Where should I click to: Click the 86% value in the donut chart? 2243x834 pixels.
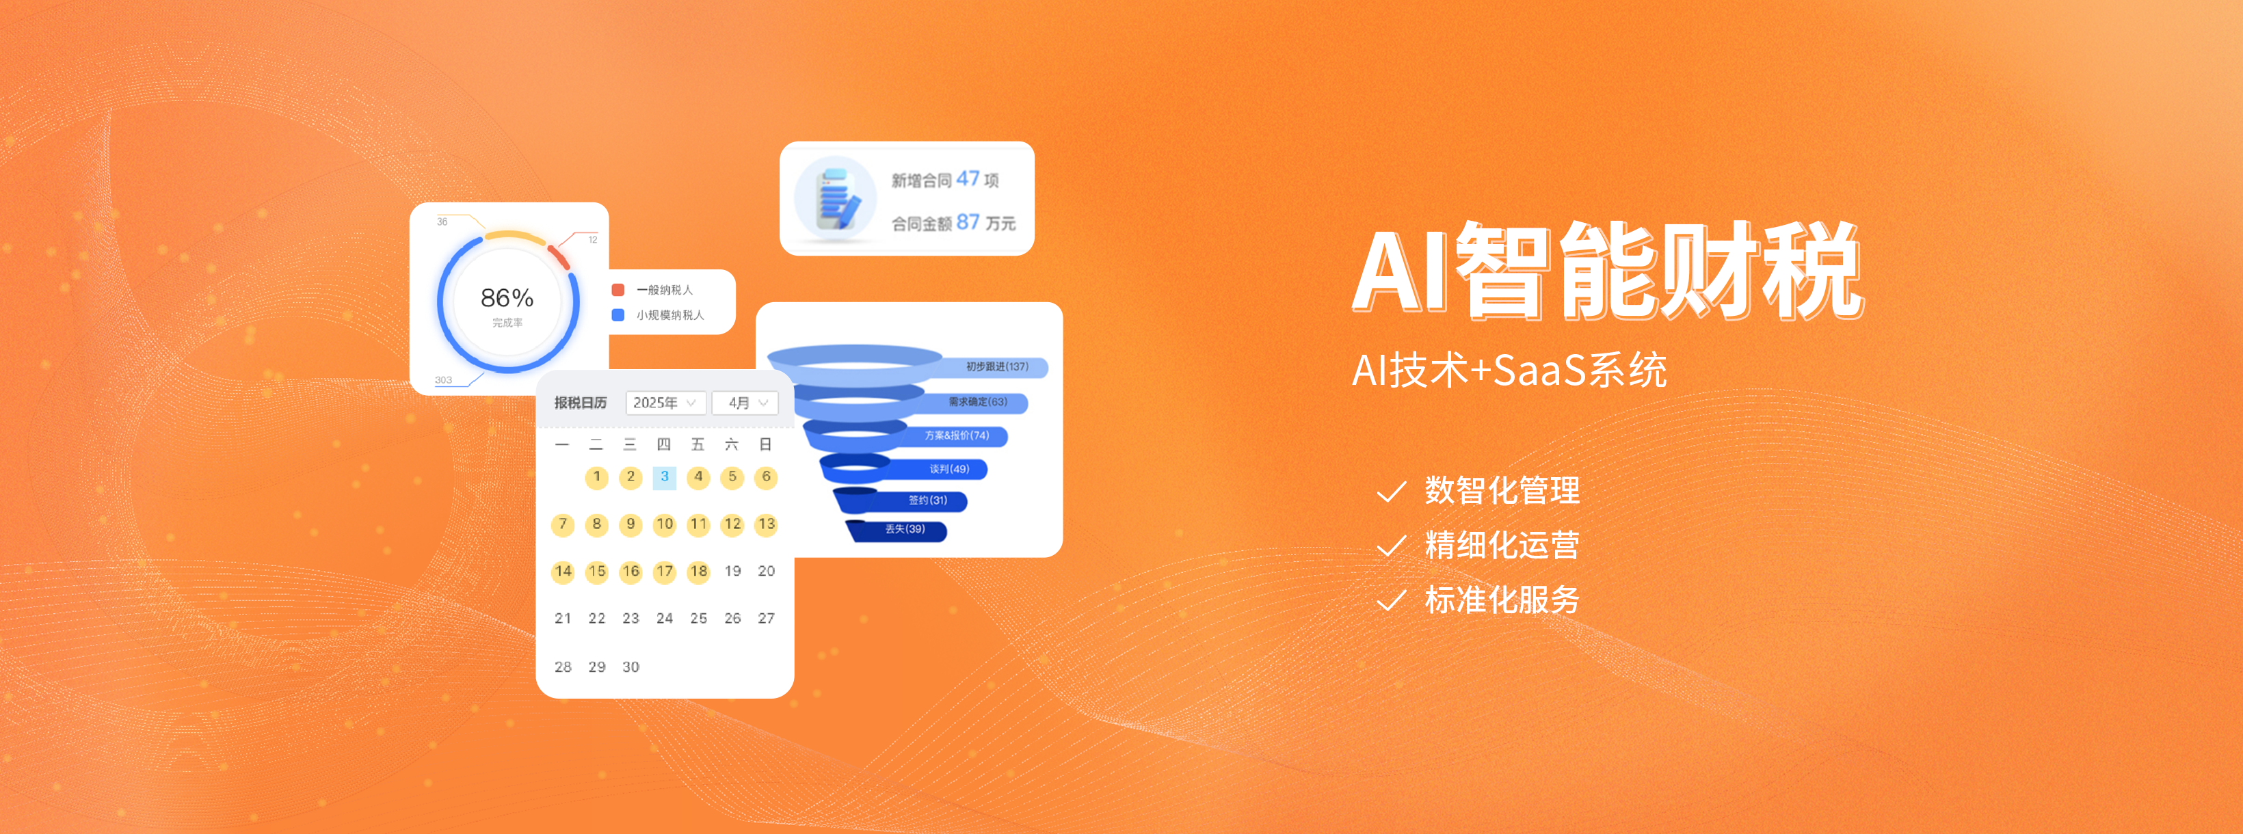[507, 298]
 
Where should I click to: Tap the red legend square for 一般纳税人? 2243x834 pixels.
[618, 290]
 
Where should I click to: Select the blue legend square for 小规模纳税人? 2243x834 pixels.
[618, 315]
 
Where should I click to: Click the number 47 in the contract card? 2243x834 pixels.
[968, 178]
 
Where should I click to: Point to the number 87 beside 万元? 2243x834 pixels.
[968, 222]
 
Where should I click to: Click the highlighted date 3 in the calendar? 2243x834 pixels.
[665, 477]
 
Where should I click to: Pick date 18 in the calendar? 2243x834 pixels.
[698, 571]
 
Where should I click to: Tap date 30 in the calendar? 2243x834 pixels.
[631, 667]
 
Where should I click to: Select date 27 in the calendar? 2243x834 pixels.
[766, 618]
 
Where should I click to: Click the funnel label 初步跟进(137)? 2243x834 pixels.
[997, 366]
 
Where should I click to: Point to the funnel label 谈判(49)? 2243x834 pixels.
[949, 469]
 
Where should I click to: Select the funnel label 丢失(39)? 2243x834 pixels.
[905, 529]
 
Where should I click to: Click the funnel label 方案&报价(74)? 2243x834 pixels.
[957, 435]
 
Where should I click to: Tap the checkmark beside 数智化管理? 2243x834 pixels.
[1392, 492]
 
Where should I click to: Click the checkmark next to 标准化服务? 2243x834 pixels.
[1392, 601]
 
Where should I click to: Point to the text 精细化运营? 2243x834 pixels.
[1502, 545]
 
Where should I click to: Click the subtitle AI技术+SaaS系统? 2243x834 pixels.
[1509, 370]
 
